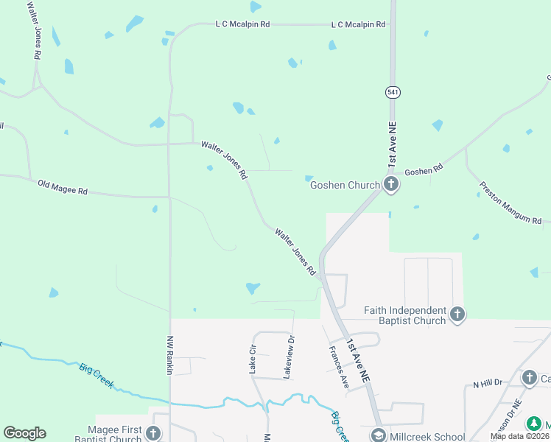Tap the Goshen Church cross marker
pyautogui.click(x=391, y=185)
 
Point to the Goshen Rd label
pyautogui.click(x=424, y=169)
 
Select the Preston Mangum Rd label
pyautogui.click(x=510, y=203)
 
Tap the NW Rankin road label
pyautogui.click(x=169, y=355)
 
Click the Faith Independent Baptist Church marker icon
pyautogui.click(x=457, y=315)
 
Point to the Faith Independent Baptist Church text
pyautogui.click(x=405, y=315)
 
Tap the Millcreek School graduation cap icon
pyautogui.click(x=378, y=435)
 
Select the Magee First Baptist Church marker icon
pyautogui.click(x=152, y=433)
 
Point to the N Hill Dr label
pyautogui.click(x=487, y=383)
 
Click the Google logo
pyautogui.click(x=24, y=433)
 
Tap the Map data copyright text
pyautogui.click(x=520, y=436)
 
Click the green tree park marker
pyautogui.click(x=534, y=425)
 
